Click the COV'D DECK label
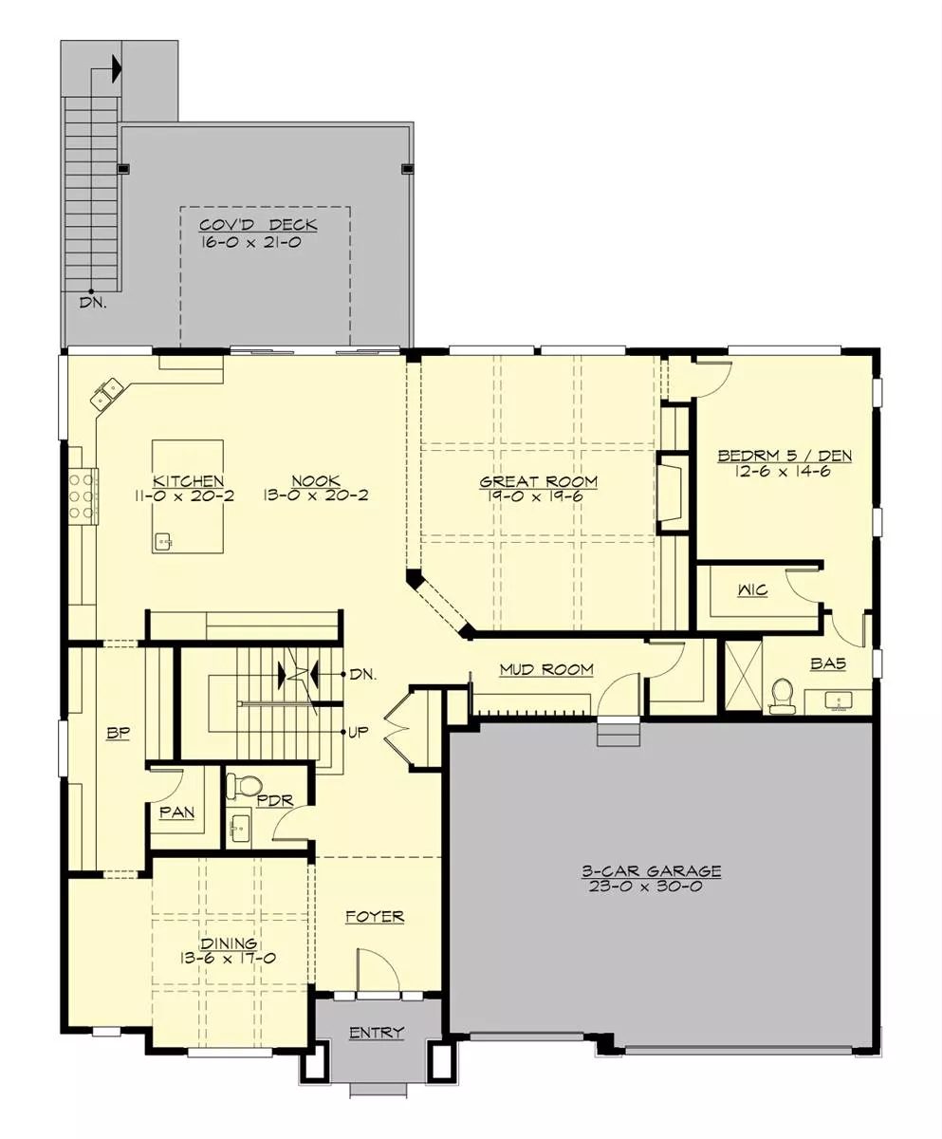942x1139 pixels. [x=258, y=225]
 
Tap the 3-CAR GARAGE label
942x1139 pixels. [x=651, y=870]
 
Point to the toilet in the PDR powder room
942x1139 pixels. [x=245, y=784]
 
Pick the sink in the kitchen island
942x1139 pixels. [x=163, y=542]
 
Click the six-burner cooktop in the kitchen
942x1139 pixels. [x=81, y=495]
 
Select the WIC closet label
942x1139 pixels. [x=753, y=590]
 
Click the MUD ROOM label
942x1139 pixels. [x=546, y=669]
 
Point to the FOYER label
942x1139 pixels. [x=375, y=917]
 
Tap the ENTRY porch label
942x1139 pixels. [x=377, y=1032]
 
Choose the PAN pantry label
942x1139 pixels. [x=177, y=812]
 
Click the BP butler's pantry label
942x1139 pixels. [x=119, y=733]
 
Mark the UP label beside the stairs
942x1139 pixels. [x=358, y=732]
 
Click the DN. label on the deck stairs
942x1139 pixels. [x=93, y=303]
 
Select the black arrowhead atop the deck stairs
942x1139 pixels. [x=117, y=69]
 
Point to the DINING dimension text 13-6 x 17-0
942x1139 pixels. [x=229, y=958]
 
